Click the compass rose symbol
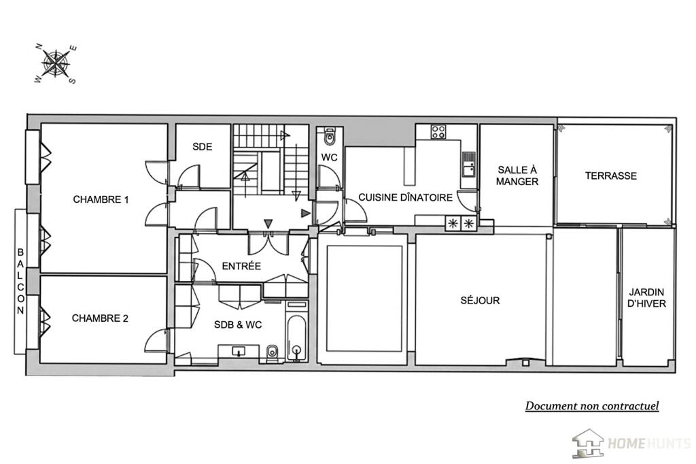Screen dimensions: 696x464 (56, 64)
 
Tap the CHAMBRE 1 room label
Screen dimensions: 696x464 (101, 199)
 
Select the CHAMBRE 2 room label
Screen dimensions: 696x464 (100, 318)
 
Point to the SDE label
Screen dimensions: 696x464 (202, 147)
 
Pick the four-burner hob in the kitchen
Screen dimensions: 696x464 (438, 132)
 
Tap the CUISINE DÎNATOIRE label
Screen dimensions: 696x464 (405, 197)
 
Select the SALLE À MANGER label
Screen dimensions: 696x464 (517, 176)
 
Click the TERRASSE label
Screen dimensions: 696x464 (611, 176)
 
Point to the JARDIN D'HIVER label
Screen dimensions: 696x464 (647, 298)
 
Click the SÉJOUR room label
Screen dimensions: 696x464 (480, 301)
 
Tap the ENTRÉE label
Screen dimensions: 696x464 (241, 266)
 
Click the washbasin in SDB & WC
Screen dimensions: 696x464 (239, 352)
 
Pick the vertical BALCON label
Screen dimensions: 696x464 (20, 282)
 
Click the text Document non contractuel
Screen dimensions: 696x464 (592, 405)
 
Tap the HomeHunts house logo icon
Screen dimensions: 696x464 (588, 443)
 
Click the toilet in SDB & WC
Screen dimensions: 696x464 (272, 352)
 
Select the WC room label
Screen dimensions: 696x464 (330, 157)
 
